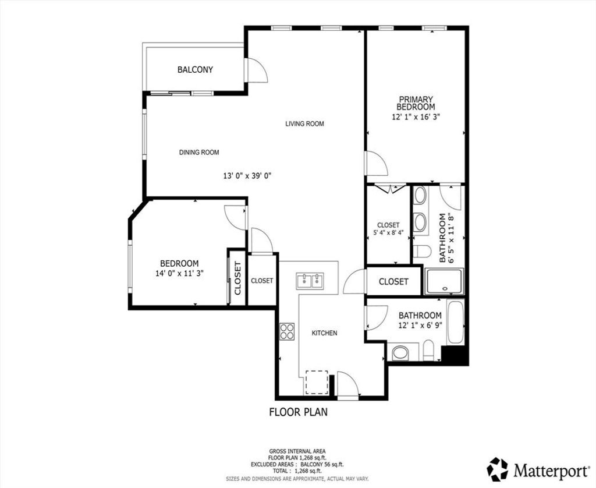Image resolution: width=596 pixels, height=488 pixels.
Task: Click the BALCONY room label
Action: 195,70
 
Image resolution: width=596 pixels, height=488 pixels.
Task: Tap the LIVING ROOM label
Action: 304,123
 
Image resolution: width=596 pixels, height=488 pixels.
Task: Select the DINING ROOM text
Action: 199,153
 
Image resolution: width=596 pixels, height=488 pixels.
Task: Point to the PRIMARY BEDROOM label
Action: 416,103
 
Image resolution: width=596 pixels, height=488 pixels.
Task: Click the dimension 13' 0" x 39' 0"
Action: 247,176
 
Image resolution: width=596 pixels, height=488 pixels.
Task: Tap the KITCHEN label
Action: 324,333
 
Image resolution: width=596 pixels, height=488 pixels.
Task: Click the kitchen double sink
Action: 310,281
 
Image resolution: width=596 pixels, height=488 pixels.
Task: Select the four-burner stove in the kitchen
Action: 287,331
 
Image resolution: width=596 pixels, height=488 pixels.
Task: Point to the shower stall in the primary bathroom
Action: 444,281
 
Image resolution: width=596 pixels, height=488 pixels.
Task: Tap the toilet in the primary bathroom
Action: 421,252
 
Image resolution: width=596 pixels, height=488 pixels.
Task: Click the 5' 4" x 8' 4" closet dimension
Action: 388,233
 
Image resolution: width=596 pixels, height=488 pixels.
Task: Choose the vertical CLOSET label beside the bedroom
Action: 237,278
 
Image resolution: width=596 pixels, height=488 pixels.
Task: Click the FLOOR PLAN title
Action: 299,412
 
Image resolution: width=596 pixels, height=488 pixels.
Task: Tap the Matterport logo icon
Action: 498,469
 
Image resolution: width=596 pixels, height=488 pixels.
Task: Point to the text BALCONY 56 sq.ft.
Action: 322,465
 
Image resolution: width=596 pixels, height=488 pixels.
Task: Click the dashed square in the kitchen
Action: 317,382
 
